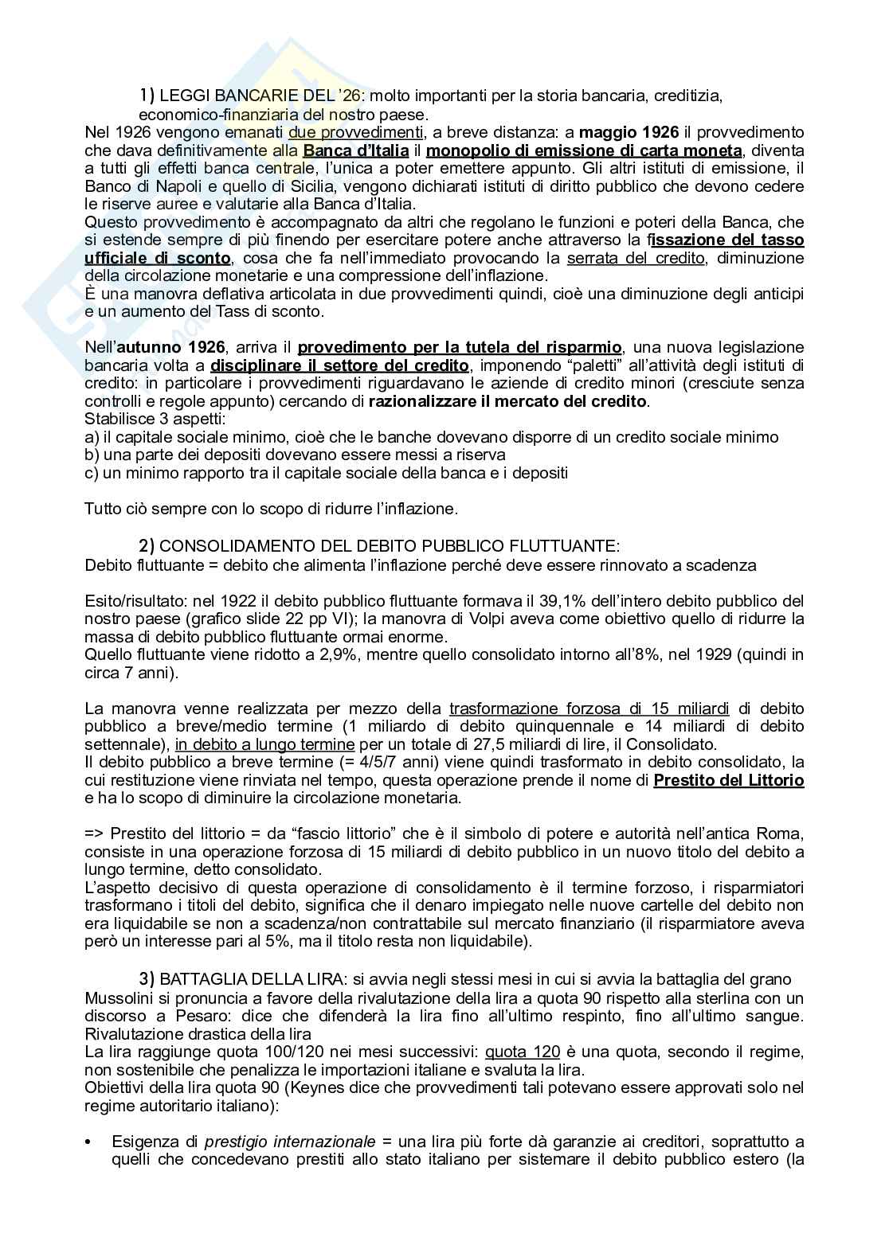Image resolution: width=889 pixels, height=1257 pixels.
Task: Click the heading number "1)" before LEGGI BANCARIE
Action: [x=147, y=96]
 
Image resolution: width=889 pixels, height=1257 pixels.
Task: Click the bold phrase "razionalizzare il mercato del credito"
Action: [x=508, y=401]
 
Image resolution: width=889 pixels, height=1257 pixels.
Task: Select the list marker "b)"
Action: [x=92, y=455]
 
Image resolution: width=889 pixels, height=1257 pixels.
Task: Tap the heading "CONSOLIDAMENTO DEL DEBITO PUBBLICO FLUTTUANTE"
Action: [x=388, y=546]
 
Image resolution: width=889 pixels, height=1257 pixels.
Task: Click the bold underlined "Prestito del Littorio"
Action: [x=728, y=780]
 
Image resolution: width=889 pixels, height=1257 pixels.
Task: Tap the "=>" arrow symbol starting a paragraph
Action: [x=94, y=833]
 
